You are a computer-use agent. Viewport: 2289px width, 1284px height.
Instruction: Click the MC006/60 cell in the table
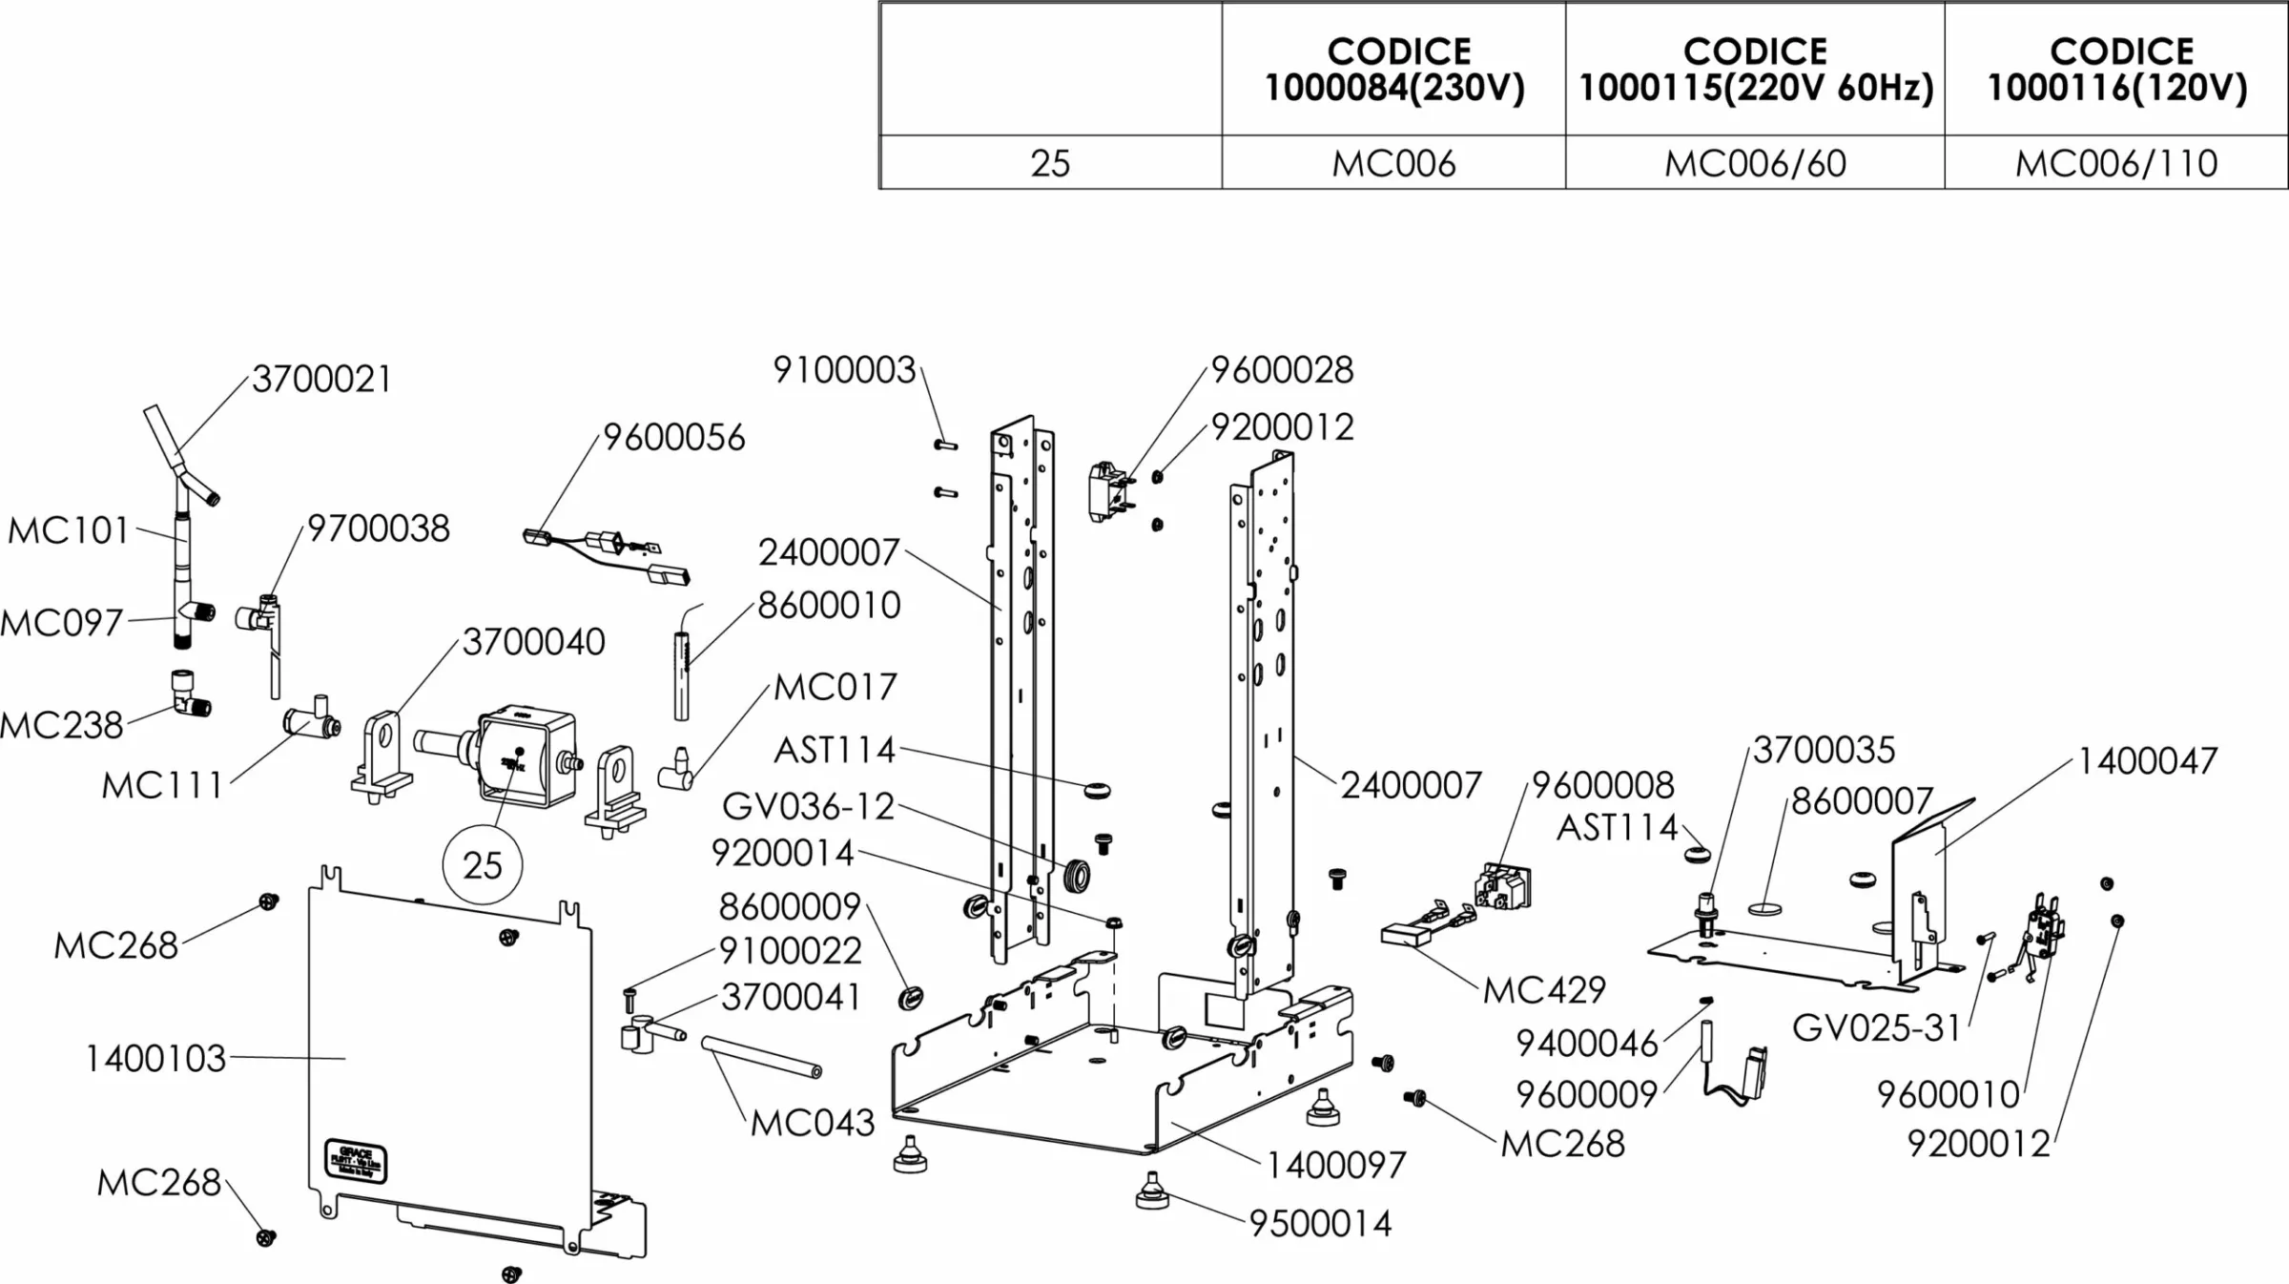pos(1755,164)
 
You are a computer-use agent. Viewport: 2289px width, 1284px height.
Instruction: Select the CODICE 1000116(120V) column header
pos(2116,69)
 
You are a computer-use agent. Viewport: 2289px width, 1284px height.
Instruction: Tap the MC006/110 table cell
pos(2116,164)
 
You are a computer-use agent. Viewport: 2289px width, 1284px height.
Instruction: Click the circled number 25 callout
pos(483,866)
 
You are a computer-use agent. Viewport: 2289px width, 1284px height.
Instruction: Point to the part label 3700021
pos(321,380)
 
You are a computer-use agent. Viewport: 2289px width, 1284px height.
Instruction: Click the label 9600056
pos(673,438)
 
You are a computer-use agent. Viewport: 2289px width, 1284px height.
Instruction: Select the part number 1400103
pos(155,1059)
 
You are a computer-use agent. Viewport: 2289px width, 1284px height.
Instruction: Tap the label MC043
pos(813,1124)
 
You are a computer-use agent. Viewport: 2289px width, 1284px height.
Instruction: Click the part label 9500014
pos(1320,1224)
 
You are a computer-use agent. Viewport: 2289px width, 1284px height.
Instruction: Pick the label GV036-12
pos(808,807)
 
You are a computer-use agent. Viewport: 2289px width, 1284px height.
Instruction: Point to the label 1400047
pos(2147,761)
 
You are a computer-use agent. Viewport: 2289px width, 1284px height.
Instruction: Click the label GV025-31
pos(1876,1028)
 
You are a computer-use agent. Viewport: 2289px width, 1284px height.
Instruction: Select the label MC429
pos(1544,990)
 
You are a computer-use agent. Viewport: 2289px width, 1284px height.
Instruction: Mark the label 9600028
pos(1282,370)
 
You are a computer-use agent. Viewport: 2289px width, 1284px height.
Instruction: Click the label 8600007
pos(1862,801)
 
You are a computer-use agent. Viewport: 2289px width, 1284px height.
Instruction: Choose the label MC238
pos(62,726)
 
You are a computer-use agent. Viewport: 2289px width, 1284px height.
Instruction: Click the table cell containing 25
pos(1050,164)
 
